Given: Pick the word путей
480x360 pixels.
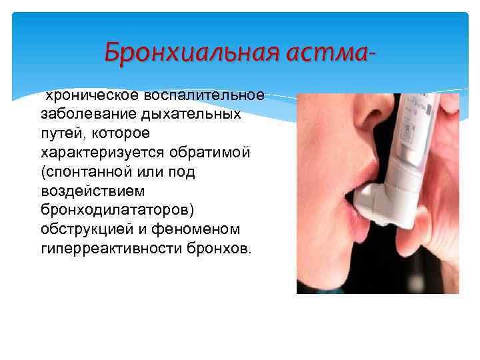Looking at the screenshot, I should pos(61,133).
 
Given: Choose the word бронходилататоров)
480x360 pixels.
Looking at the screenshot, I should pos(117,210).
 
